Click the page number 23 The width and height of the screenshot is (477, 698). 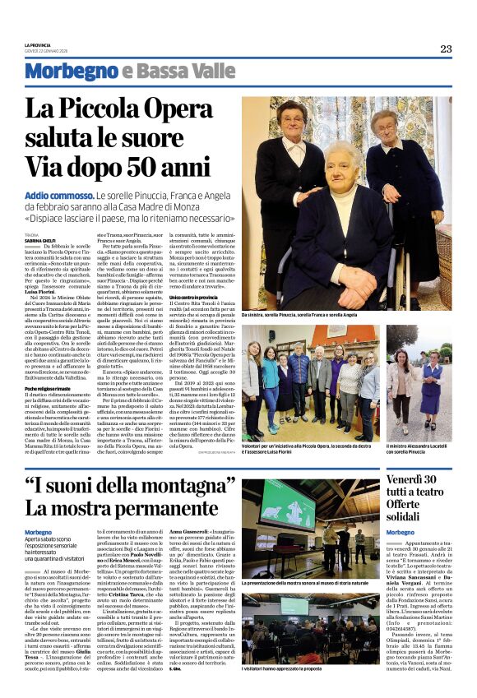coord(445,49)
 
